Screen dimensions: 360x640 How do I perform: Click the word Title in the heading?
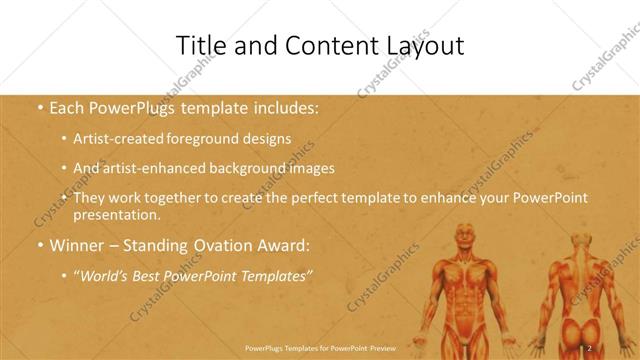[x=200, y=46]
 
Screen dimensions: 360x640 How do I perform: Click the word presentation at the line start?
[x=118, y=214]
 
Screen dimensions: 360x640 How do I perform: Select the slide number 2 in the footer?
[x=589, y=347]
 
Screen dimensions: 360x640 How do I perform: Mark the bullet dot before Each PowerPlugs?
[x=39, y=106]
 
